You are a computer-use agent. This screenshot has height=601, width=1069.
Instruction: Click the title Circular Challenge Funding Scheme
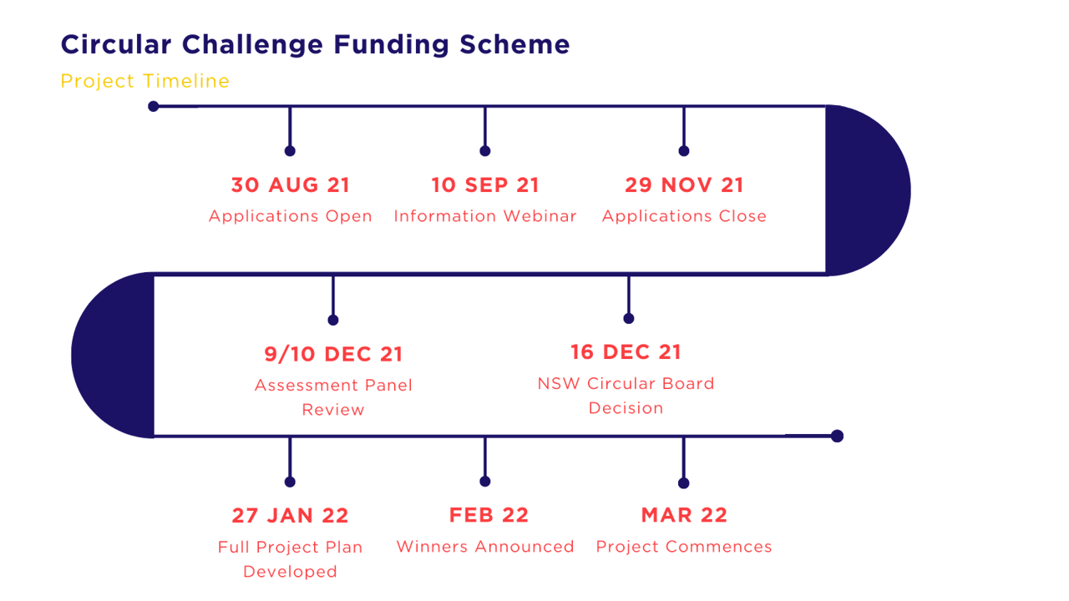point(315,45)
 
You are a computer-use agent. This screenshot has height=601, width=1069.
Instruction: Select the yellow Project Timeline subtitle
point(145,81)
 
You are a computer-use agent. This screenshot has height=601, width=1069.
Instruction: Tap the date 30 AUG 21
point(290,185)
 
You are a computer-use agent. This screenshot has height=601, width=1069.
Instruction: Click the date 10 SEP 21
point(485,185)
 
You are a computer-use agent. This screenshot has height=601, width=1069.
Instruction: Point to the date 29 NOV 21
point(684,185)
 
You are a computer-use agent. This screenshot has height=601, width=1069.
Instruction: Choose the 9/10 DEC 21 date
point(333,355)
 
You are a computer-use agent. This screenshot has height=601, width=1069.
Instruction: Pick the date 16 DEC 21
point(626,352)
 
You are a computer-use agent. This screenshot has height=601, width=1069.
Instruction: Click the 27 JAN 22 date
point(290,516)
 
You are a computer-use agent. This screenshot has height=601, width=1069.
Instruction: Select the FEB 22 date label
point(489,515)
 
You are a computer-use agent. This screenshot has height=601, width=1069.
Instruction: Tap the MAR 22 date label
point(684,515)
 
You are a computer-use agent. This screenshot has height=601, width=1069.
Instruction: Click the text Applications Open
point(290,216)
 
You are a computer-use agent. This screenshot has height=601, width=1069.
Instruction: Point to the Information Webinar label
point(485,216)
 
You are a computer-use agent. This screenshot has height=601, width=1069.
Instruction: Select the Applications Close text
point(684,216)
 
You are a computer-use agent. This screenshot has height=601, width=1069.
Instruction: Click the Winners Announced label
point(485,547)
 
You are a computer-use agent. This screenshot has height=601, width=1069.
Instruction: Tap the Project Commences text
point(684,547)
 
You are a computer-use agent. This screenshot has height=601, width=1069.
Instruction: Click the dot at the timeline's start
point(153,106)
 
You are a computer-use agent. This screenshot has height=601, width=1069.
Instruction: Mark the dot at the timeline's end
point(837,436)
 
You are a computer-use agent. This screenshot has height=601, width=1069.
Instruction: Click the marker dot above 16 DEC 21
point(629,318)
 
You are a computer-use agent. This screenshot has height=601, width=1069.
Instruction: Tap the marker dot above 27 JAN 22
point(290,482)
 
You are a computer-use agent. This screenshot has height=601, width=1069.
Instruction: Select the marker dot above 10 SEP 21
point(485,151)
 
